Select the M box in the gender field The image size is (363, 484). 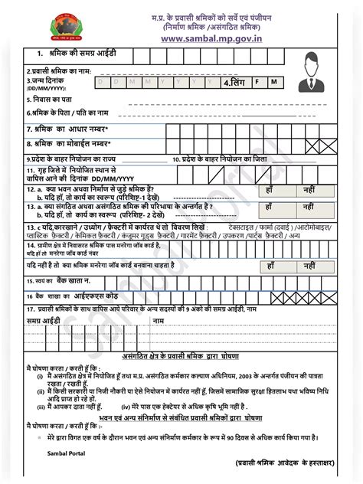[x=273, y=80]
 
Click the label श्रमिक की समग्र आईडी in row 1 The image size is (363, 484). [x=68, y=54]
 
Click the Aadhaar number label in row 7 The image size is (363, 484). [x=68, y=129]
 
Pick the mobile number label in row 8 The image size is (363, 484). [x=69, y=143]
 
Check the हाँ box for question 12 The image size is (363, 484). [x=270, y=188]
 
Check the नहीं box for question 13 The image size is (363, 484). [x=307, y=207]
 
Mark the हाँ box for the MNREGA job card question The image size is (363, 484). [x=270, y=264]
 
